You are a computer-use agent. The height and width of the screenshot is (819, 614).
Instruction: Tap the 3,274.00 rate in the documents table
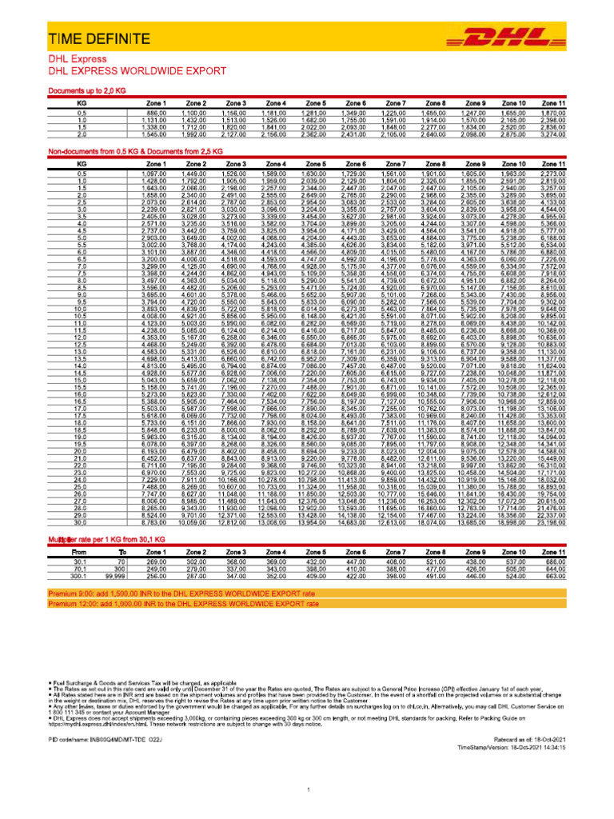(x=553, y=134)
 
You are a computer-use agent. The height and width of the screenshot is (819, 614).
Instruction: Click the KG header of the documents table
(x=82, y=103)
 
